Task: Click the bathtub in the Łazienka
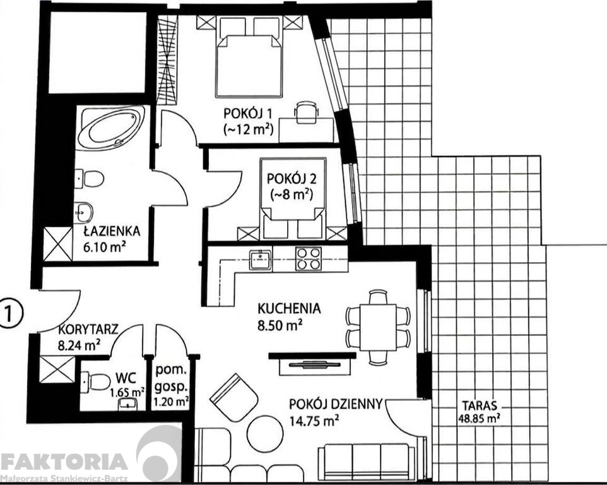(111, 128)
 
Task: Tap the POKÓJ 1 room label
(248, 114)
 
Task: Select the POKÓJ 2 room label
(292, 179)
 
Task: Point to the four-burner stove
(309, 258)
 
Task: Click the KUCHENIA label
(289, 308)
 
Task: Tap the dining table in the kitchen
(378, 327)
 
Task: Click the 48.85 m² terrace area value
(479, 418)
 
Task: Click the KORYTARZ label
(88, 330)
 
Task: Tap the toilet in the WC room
(95, 382)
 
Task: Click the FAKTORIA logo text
(64, 462)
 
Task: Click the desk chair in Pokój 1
(306, 112)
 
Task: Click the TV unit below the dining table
(312, 363)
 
